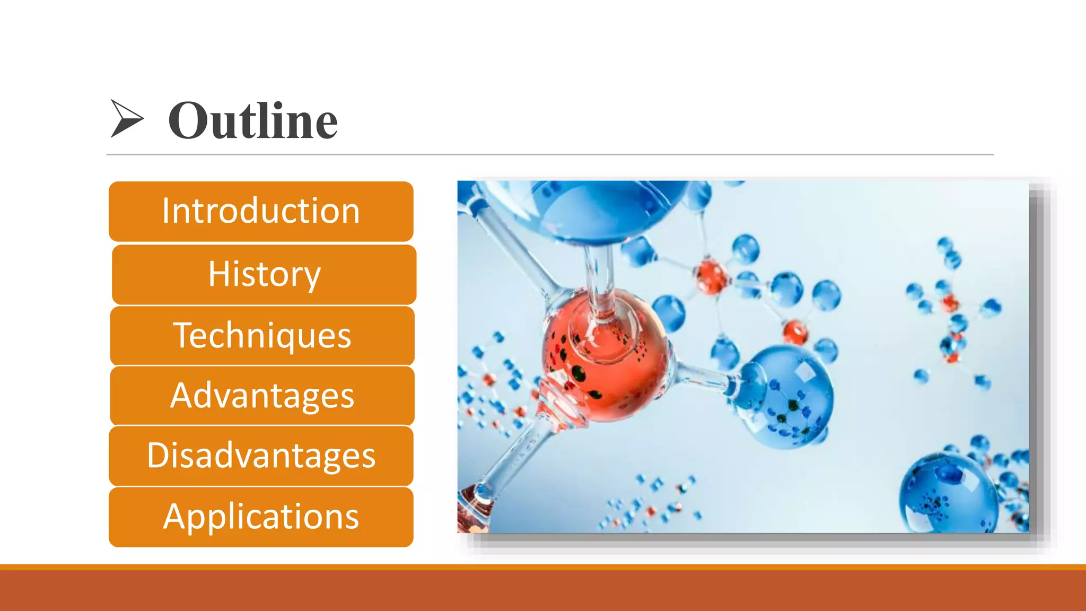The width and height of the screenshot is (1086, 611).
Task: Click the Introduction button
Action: click(x=261, y=212)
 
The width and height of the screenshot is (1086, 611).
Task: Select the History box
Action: click(x=264, y=274)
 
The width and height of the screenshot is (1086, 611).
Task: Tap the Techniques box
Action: click(x=262, y=336)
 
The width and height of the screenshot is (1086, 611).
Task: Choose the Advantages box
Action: click(x=262, y=396)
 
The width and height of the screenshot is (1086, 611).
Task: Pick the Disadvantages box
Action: click(x=261, y=456)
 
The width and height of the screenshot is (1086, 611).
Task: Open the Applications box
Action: click(x=261, y=517)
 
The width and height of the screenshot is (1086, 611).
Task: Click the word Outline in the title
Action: click(x=253, y=121)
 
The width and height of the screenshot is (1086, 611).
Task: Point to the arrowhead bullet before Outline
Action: click(x=126, y=118)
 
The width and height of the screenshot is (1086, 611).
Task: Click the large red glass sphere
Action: click(x=605, y=361)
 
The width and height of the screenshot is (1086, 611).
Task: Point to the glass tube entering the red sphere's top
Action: click(x=599, y=281)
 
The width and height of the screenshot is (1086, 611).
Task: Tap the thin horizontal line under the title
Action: click(x=549, y=155)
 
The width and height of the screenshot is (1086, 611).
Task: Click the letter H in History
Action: click(x=218, y=274)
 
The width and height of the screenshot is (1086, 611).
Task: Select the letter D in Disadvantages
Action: click(x=158, y=456)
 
